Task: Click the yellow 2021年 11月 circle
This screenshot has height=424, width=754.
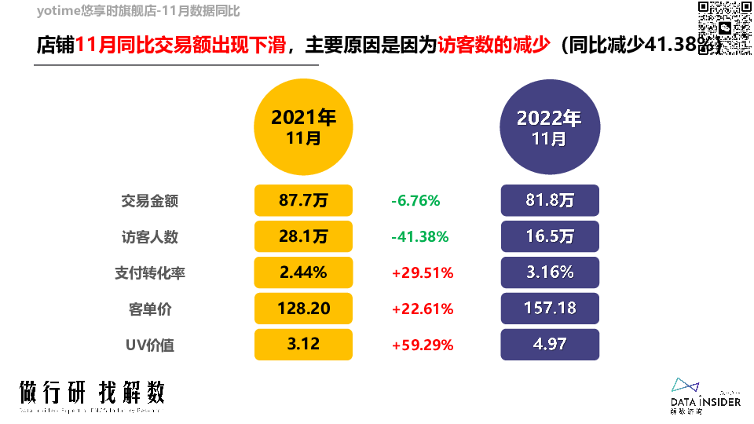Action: click(304, 126)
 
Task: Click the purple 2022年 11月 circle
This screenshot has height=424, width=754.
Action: click(549, 126)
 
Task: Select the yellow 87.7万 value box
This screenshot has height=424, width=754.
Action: click(304, 200)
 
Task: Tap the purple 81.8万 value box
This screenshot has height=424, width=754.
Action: click(550, 200)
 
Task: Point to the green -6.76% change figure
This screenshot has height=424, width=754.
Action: click(415, 200)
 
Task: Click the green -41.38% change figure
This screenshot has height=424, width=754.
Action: click(419, 236)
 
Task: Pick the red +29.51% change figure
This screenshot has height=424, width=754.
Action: click(423, 272)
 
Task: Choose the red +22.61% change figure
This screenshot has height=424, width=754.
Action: click(423, 309)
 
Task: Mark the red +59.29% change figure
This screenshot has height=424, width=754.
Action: click(423, 345)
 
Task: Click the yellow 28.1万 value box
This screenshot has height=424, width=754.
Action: click(304, 236)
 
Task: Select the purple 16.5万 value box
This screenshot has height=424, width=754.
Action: click(550, 236)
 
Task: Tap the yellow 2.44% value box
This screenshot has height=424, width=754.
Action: click(304, 272)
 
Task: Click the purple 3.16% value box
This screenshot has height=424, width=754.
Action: click(550, 272)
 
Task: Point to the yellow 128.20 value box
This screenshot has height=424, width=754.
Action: click(304, 309)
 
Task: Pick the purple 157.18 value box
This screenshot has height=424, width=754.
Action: click(550, 309)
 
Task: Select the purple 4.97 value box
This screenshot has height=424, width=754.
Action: click(550, 345)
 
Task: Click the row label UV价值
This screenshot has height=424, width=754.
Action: click(150, 345)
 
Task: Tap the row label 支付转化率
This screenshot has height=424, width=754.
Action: click(150, 272)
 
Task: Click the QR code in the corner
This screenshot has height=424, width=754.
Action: click(719, 27)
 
